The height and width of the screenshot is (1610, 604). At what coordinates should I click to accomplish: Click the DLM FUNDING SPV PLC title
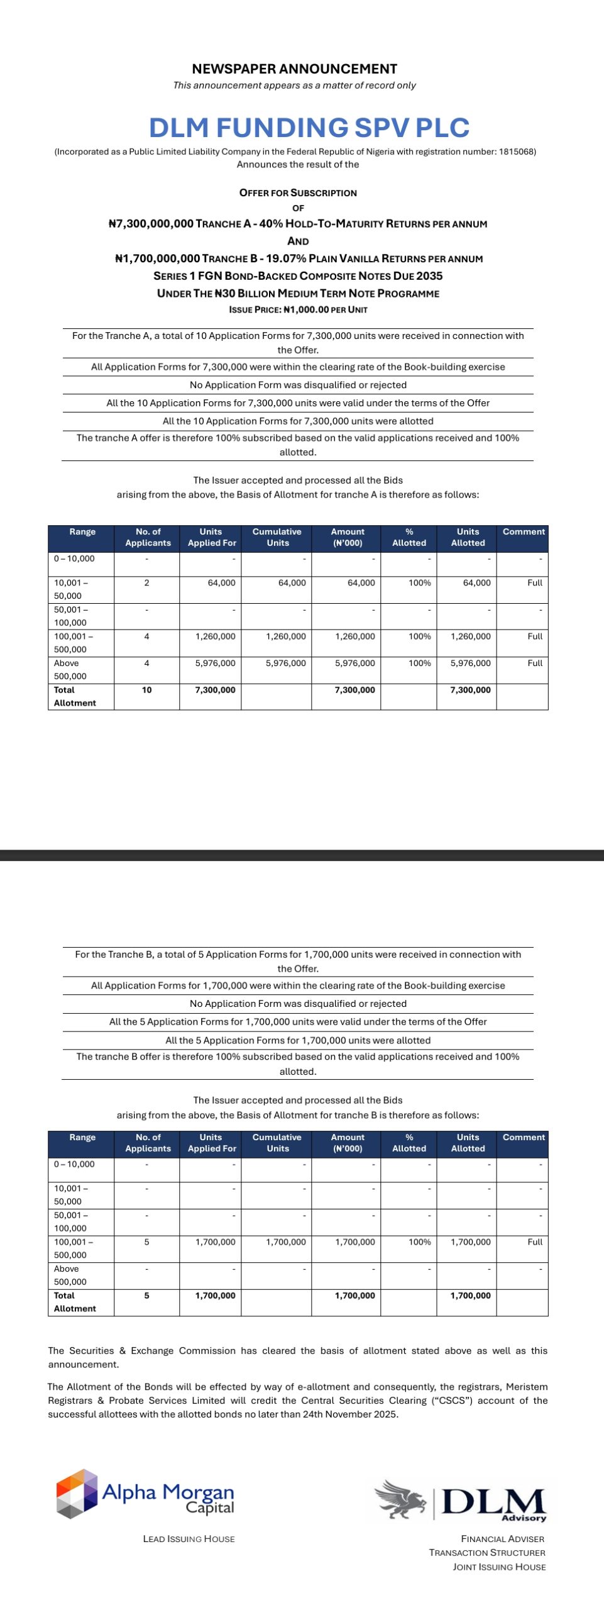309,128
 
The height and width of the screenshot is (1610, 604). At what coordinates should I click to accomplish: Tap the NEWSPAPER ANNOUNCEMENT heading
294,69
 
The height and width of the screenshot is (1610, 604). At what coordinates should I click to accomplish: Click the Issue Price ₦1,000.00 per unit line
298,309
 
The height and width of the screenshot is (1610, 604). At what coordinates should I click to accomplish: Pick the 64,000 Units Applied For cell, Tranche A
221,583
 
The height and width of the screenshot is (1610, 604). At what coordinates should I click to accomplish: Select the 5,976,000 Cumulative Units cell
285,663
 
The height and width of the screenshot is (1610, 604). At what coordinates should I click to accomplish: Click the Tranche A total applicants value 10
146,690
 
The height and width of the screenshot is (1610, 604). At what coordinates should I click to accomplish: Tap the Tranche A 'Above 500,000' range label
70,670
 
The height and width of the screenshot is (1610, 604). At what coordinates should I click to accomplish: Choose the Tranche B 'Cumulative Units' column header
277,1143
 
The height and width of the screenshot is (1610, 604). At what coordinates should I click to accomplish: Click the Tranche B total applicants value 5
146,1296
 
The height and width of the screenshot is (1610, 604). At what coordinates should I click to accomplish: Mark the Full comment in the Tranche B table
534,1242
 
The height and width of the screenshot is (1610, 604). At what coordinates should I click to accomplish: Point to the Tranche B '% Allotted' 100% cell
419,1242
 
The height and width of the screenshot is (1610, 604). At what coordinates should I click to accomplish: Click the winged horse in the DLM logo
400,1499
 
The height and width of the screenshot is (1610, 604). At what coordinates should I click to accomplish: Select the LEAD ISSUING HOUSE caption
189,1539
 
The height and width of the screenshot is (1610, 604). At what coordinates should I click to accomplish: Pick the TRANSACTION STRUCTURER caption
487,1553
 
